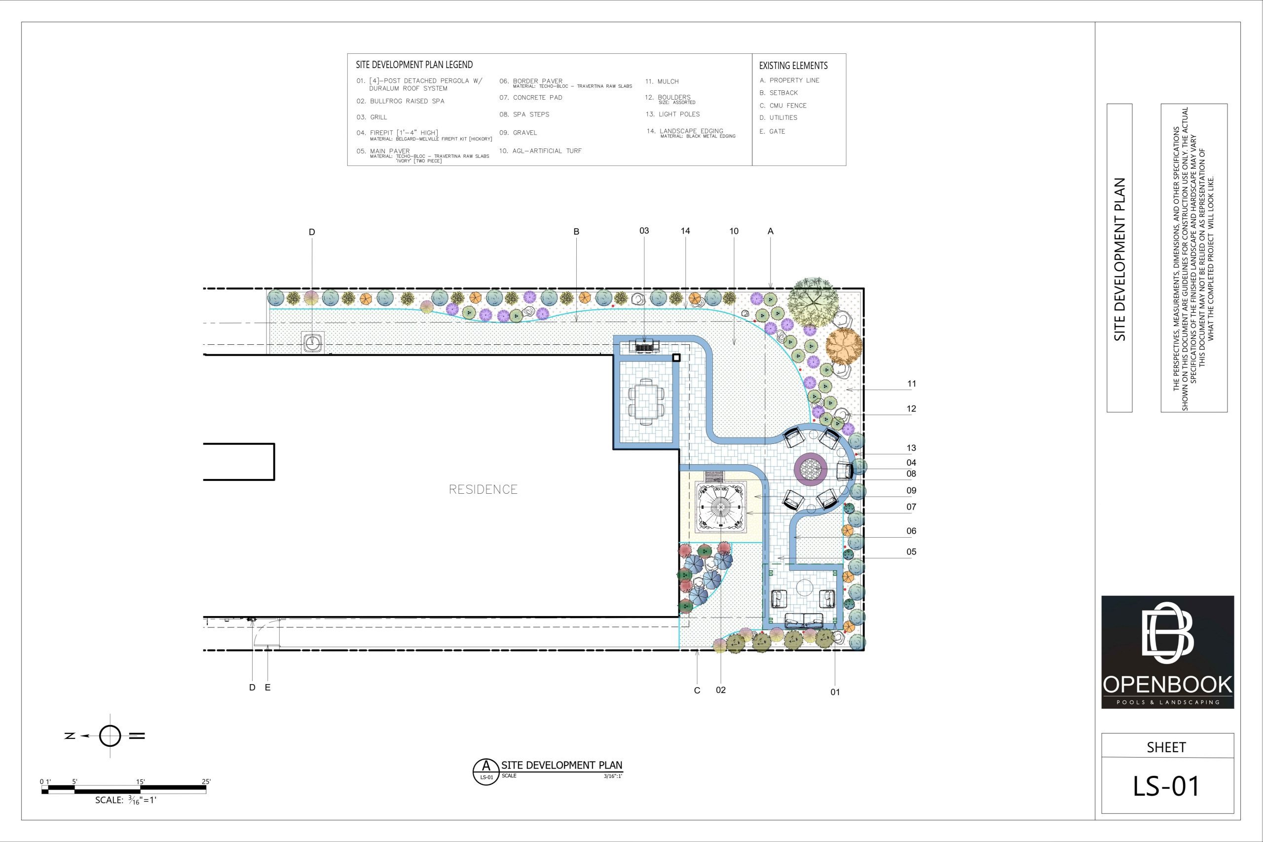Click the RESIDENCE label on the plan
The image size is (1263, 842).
tap(483, 489)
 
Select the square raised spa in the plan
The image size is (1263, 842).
tap(721, 508)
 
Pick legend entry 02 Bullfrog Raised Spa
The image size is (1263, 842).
tap(401, 101)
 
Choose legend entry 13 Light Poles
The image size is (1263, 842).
tap(673, 114)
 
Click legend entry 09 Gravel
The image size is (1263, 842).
tap(518, 133)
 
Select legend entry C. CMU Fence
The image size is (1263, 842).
tap(783, 106)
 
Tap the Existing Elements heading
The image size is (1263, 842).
tap(793, 66)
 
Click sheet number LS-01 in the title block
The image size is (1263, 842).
tap(1166, 786)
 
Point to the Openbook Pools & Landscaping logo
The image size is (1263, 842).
tap(1167, 652)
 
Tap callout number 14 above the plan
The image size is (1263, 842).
tap(685, 231)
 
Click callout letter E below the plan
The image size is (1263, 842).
tap(267, 687)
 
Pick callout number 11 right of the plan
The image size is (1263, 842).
tap(912, 384)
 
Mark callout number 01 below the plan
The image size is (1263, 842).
tap(835, 692)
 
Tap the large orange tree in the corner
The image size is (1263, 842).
tap(844, 344)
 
